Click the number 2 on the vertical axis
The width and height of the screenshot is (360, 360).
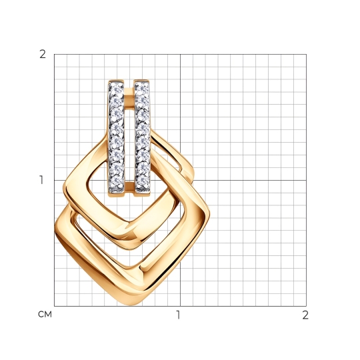(43, 55)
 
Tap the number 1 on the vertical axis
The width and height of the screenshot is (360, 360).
(41, 180)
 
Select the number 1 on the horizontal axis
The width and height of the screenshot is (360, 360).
(178, 315)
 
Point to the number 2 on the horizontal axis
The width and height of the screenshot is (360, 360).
(305, 315)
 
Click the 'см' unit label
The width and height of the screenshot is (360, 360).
(45, 314)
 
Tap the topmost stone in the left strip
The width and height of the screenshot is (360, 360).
(116, 89)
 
